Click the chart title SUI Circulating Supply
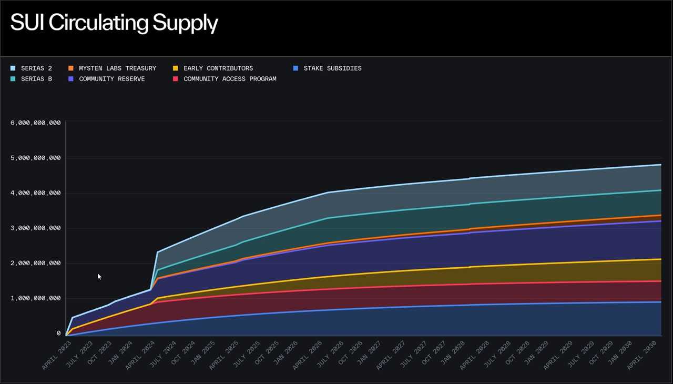(114, 23)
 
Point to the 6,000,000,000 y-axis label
(36, 123)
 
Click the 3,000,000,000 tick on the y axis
(36, 228)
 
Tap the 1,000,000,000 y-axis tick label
(36, 298)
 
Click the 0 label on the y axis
(59, 334)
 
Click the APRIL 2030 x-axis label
(648, 355)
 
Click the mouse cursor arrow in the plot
(99, 276)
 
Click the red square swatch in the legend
(176, 79)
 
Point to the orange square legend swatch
(71, 68)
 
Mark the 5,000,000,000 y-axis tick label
(36, 158)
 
